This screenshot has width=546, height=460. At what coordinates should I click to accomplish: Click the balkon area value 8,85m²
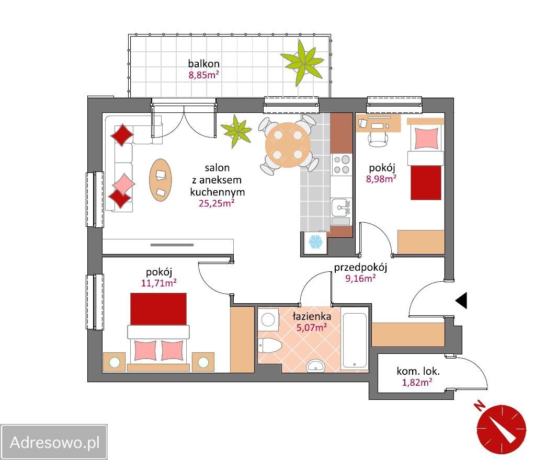tap(204, 75)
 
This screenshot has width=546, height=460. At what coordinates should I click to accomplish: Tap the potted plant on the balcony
tap(303, 63)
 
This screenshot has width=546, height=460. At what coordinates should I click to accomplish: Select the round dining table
tap(288, 145)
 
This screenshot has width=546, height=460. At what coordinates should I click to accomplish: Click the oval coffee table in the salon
tap(161, 180)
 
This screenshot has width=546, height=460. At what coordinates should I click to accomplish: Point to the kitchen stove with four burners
tap(341, 165)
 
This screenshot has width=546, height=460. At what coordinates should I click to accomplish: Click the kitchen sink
tap(341, 208)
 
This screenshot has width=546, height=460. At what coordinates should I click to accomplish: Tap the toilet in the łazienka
tap(269, 346)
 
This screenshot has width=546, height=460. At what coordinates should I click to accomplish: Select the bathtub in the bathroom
tap(355, 340)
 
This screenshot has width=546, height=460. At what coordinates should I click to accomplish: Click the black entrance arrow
tap(461, 300)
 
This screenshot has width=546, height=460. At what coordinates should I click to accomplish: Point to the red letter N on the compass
tap(480, 406)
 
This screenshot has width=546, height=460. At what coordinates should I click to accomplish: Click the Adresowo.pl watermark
tap(54, 442)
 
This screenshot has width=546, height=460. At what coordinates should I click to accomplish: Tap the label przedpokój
tap(360, 267)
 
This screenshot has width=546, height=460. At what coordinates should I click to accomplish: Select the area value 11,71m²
tap(158, 283)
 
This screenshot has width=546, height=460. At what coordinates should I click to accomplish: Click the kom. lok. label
tap(418, 371)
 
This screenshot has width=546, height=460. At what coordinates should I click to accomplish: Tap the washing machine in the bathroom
tap(268, 319)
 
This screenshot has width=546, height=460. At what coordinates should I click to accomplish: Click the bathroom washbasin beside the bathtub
tap(315, 366)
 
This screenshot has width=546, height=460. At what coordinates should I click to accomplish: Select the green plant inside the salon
tap(236, 132)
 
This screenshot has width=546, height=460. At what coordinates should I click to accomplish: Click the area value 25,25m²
tap(216, 203)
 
